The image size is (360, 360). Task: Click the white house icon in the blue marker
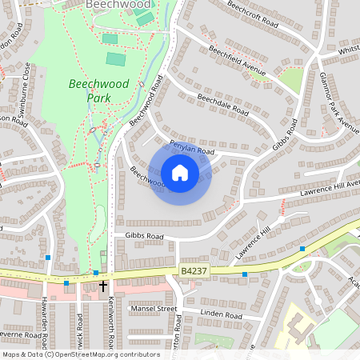(180, 173)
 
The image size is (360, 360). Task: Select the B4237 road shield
(194, 272)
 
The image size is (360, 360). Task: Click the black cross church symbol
(102, 285)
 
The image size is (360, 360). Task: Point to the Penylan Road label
(192, 147)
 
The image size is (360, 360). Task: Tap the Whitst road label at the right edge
(348, 50)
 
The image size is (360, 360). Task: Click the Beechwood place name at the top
(113, 5)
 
